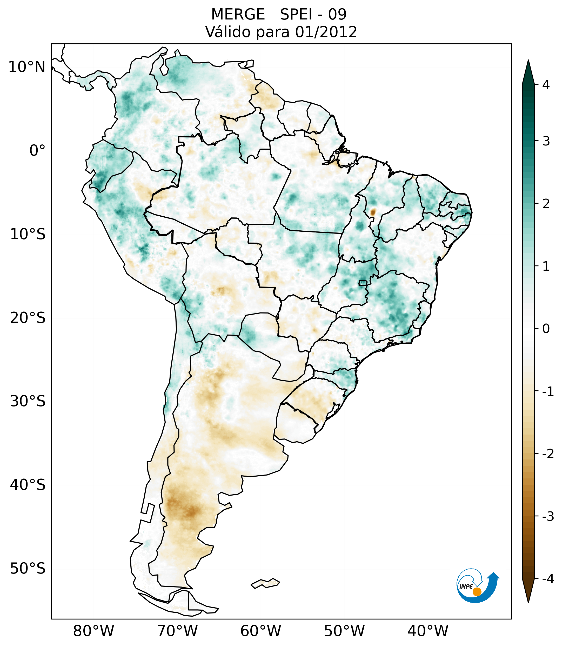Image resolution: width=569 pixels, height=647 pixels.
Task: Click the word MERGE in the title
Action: (238, 15)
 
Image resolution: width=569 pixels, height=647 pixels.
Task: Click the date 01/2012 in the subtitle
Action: (326, 32)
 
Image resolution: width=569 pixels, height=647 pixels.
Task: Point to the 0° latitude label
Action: (37, 151)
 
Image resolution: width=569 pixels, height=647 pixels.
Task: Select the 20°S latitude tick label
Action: (28, 318)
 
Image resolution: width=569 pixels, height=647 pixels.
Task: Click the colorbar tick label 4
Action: (546, 85)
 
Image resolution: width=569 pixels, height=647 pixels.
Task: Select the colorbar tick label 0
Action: (546, 329)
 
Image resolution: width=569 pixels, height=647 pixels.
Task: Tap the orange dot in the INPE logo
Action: (477, 592)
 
